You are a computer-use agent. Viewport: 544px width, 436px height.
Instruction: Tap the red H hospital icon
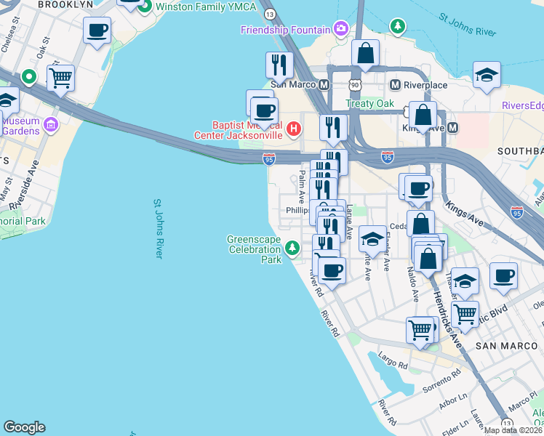coord(293,130)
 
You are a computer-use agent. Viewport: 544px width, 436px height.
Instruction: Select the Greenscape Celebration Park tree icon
coord(292,249)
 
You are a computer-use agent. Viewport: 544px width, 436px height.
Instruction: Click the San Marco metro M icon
coord(324,84)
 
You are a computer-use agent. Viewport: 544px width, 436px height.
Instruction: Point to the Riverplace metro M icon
coord(396,84)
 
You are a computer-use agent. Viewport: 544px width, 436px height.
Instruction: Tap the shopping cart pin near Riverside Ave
coord(61,76)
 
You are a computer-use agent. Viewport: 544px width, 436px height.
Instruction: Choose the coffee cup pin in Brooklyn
coord(97,31)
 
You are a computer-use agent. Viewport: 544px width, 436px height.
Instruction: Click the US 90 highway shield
coord(354,86)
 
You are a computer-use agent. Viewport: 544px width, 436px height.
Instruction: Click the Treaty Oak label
coord(369,104)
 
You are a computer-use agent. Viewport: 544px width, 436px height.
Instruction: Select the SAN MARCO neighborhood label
coord(505,346)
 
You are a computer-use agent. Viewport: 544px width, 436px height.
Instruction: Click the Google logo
coord(24,427)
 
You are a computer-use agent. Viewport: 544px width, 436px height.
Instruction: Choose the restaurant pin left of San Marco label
coord(279,65)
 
